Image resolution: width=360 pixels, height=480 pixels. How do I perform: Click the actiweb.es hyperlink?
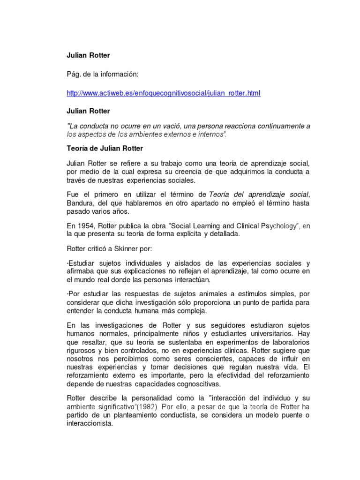click(x=164, y=93)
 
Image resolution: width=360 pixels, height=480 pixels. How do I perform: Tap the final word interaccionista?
click(x=90, y=423)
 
